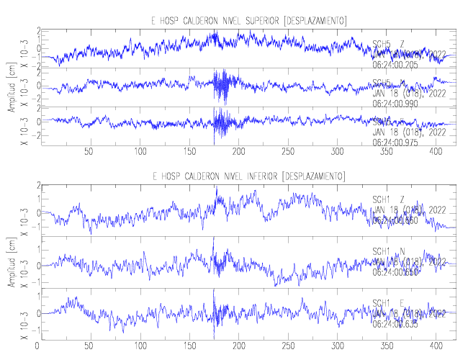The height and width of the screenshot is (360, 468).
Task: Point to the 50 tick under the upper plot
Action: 89,153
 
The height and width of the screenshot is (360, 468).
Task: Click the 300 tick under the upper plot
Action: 338,153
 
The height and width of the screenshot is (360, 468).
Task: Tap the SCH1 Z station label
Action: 389,199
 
